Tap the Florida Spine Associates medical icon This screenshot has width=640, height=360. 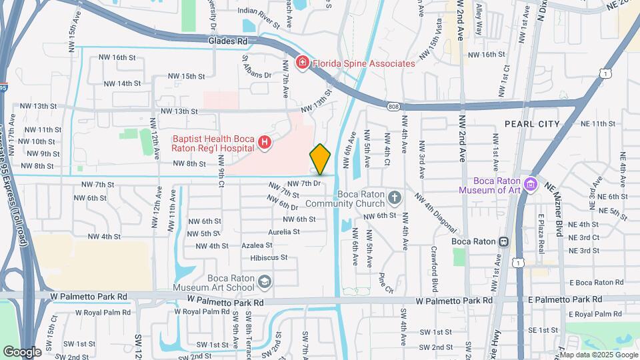(302, 63)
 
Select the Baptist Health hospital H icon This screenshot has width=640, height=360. (265, 142)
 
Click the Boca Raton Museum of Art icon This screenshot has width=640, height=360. (531, 183)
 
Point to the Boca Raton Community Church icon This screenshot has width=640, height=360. (395, 198)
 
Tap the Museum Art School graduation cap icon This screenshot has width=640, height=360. (265, 282)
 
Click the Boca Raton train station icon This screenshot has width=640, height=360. (505, 241)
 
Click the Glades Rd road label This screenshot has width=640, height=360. (227, 41)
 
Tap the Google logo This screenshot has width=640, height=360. (22, 351)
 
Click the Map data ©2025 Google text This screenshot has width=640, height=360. (599, 355)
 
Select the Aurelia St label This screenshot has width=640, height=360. (283, 232)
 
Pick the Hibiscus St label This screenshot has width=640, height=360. (269, 257)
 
